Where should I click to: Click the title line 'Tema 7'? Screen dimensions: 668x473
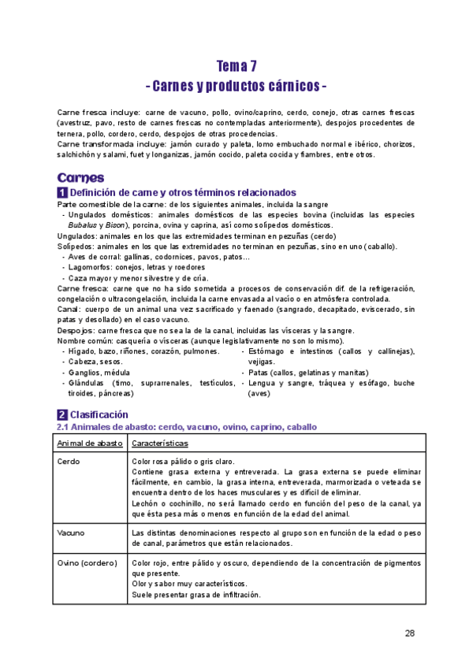point(236,66)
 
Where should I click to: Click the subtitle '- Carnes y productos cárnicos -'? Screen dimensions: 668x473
point(236,84)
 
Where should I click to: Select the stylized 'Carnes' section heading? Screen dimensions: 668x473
point(80,177)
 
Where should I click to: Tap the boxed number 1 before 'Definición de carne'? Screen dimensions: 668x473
point(62,193)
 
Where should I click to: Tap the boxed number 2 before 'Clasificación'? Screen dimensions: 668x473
point(62,414)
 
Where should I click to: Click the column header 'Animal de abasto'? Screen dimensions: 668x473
point(89,444)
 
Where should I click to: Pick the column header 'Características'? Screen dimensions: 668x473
point(164,444)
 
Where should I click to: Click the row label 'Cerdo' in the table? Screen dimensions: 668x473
point(69,462)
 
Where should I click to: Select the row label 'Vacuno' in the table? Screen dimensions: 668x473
point(73,533)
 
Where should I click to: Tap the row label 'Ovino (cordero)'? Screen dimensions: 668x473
point(87,563)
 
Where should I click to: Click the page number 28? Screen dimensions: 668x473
point(409,633)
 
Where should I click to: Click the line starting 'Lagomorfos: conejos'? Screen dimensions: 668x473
point(130,267)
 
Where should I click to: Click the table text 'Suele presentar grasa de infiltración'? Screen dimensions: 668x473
point(196,595)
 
